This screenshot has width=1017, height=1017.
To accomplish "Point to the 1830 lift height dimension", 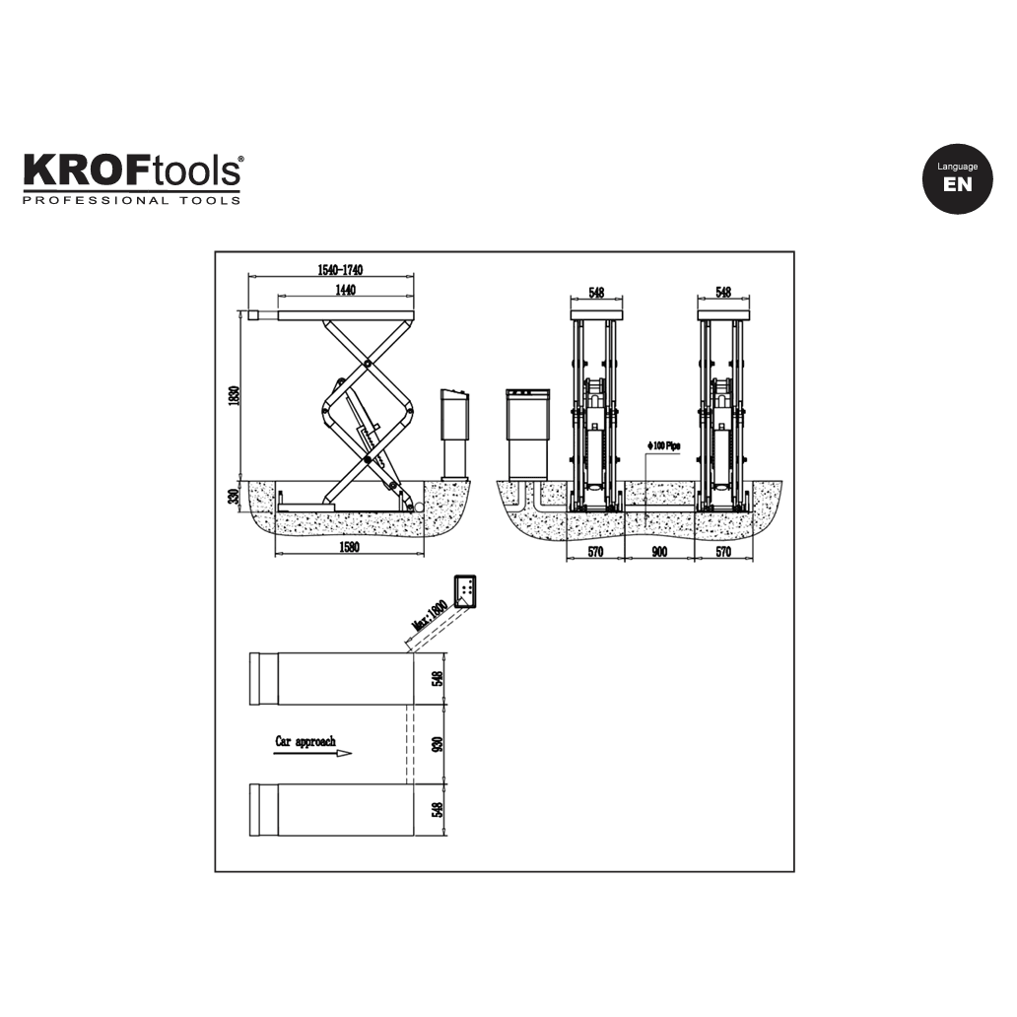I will pos(234,395).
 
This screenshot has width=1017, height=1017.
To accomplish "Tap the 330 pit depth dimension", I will pos(234,499).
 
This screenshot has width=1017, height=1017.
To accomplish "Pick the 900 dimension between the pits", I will pos(659,552).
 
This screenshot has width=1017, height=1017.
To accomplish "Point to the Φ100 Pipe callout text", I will pos(665,446).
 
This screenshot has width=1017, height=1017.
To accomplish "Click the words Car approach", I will pos(305,741).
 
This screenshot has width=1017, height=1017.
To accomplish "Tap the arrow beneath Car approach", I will pos(313,754).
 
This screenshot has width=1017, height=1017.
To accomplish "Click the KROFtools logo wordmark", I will pos(132,171).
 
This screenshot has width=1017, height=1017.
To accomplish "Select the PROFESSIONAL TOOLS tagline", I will pos(132,201).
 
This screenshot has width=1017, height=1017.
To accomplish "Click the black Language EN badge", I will pos(958,178).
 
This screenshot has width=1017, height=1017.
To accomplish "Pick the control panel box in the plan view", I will pos(465,592).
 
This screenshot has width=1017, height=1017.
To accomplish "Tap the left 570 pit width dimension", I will pos(595,552).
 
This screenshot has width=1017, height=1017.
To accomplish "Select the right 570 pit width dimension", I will pos(723,552).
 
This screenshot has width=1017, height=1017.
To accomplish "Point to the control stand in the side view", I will pos(454,434).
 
